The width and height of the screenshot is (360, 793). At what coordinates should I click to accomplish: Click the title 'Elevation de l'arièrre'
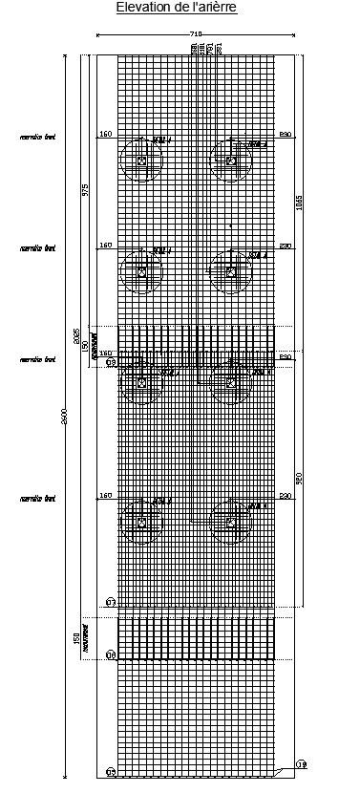point(177,8)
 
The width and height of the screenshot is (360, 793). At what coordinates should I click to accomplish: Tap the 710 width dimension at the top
point(196,34)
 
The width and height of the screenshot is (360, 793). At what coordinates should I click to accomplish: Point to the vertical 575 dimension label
point(85,189)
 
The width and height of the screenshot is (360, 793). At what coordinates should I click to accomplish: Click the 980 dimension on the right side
point(299,479)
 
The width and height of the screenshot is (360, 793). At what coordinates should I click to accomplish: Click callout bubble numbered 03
point(111,362)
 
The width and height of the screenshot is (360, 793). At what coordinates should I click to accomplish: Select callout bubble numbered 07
point(111,603)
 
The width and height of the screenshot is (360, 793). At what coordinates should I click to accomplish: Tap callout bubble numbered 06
point(111,654)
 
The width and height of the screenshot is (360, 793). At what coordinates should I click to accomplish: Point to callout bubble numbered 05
point(111,772)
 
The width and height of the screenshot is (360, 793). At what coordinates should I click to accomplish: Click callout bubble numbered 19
point(302,764)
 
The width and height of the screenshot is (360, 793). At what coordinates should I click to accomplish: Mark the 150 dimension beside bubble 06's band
point(76,636)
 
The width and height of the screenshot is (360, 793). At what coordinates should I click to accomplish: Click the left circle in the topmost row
point(141,161)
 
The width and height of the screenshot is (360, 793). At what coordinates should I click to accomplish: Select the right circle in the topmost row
point(231,161)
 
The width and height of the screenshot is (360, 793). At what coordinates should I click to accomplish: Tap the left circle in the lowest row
point(141,523)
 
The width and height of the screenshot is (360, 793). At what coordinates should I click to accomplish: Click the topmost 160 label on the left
point(106,135)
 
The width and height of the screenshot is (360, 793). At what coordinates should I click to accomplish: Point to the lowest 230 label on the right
point(285,496)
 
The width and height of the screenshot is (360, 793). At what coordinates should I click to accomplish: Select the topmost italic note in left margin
point(38,138)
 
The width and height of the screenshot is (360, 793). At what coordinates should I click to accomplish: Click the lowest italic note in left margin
point(38,499)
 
